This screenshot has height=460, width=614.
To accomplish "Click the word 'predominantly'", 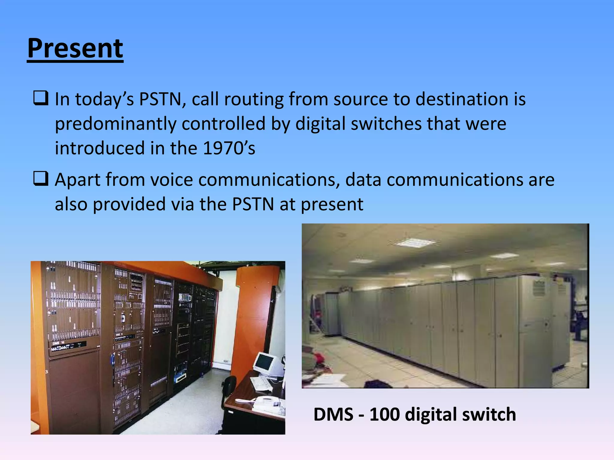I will click(x=115, y=124).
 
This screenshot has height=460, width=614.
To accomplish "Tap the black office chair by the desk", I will click(x=229, y=389).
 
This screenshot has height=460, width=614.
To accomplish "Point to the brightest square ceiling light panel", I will click(x=415, y=242).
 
